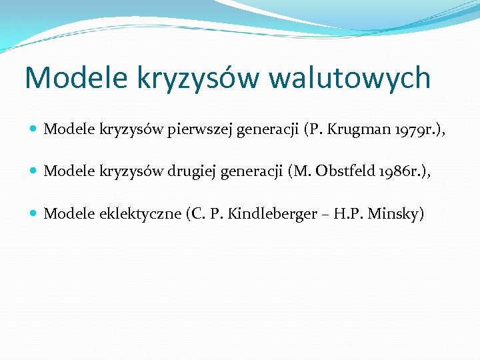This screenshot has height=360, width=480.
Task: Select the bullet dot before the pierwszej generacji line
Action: [x=34, y=129]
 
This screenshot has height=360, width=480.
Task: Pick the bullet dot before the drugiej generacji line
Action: [x=34, y=171]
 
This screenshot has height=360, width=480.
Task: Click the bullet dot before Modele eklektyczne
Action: [x=34, y=213]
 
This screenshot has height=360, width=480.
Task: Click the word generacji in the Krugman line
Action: [x=267, y=129]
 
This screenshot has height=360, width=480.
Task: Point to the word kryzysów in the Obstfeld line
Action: [x=128, y=171]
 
